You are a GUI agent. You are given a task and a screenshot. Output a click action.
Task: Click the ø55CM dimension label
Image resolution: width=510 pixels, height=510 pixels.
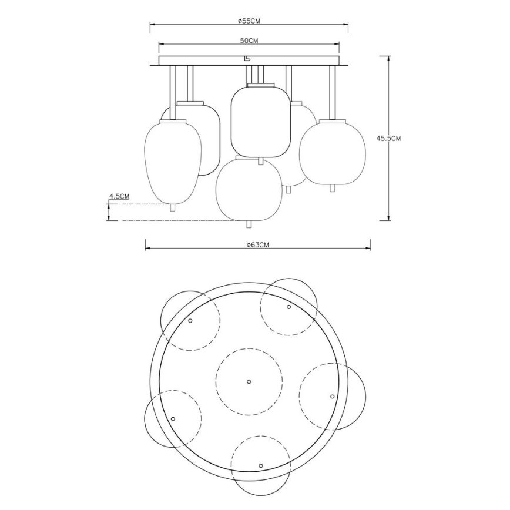click(249, 21)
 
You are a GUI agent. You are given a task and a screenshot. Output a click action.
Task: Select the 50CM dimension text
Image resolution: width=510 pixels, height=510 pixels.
click(249, 41)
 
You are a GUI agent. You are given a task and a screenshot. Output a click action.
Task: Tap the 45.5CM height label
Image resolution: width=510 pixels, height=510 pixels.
click(388, 139)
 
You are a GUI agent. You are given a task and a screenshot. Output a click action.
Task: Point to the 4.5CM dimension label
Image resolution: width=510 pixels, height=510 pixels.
click(119, 196)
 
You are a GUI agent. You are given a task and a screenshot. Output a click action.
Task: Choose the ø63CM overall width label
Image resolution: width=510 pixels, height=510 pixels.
click(258, 245)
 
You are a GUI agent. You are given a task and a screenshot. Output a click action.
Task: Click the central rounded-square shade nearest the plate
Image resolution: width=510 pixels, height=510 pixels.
click(260, 122)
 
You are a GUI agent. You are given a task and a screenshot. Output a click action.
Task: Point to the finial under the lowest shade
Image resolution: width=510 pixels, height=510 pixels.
click(247, 224)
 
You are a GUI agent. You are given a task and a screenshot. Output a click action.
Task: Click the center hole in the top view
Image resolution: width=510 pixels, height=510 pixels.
click(248, 381)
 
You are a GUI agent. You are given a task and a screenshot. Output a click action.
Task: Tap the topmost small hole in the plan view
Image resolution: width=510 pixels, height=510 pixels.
click(288, 307)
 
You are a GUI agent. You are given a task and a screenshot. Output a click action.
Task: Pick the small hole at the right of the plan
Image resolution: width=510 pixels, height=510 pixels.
click(332, 397)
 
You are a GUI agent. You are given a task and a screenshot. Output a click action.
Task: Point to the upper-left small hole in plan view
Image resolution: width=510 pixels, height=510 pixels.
click(190, 320)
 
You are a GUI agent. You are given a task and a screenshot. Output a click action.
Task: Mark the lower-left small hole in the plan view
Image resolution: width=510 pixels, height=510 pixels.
click(173, 418)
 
